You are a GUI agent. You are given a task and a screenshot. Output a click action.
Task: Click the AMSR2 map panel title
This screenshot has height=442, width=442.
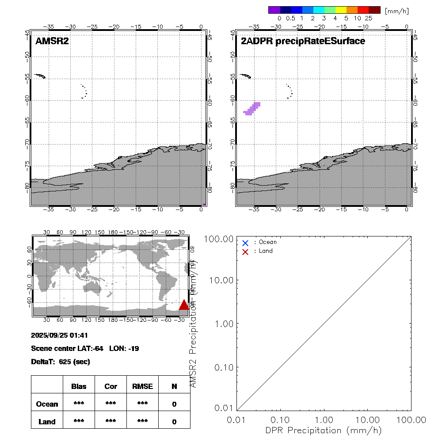[x=52, y=42]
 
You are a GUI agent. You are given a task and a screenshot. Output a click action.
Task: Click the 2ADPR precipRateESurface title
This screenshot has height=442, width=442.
[x=303, y=42]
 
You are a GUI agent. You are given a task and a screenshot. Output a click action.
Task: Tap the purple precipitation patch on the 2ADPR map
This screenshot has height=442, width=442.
[x=251, y=109]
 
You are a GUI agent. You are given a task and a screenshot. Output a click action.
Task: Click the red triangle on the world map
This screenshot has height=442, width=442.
[x=184, y=305]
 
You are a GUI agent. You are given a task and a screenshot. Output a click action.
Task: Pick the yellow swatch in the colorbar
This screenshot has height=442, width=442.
[x=341, y=10]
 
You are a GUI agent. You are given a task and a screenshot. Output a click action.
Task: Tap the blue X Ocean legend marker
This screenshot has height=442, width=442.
[x=245, y=243]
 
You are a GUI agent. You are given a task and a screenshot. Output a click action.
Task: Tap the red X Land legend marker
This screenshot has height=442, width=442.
[x=245, y=251]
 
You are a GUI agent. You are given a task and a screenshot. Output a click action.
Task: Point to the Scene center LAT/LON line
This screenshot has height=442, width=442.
[x=85, y=348]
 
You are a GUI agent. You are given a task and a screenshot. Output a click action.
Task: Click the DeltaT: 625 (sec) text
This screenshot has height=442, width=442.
[x=61, y=362]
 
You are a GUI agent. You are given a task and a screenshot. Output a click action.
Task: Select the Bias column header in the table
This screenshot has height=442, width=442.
[x=79, y=386]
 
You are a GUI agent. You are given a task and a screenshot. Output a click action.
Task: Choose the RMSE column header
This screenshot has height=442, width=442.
[x=142, y=386]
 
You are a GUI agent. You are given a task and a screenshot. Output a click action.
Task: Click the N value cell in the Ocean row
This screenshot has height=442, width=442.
[x=174, y=404]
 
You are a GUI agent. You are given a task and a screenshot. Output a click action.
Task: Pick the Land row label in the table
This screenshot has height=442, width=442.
[x=47, y=422]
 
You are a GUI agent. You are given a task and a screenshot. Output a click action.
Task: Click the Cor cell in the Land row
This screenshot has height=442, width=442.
[x=110, y=422]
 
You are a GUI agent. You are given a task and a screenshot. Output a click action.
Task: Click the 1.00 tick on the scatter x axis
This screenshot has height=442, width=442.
[x=324, y=419]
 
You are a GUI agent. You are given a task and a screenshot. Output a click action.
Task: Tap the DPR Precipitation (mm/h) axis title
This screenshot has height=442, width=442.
[x=324, y=430]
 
